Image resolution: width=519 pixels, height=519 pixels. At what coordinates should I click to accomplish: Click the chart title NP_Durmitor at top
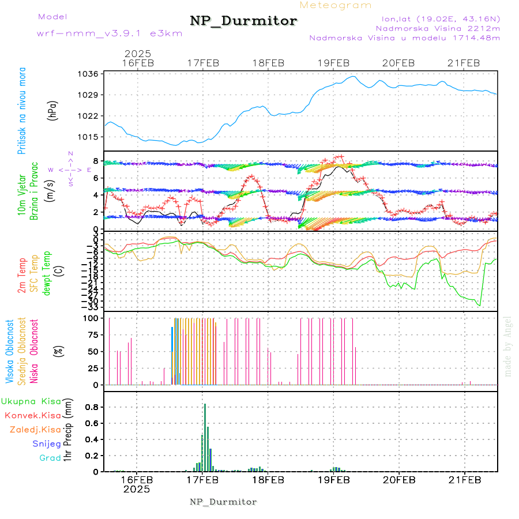click(243, 21)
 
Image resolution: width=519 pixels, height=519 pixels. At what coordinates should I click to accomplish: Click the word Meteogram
click(336, 5)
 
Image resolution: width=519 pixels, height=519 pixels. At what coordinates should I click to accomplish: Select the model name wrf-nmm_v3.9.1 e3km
click(110, 33)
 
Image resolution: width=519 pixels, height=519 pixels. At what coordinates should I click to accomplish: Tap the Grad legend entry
click(50, 458)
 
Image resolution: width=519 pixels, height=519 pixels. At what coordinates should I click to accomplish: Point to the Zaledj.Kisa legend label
click(35, 430)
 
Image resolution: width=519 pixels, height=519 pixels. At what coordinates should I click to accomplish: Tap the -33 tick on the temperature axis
click(91, 307)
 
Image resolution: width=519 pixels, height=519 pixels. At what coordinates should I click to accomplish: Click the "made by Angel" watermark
click(508, 346)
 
